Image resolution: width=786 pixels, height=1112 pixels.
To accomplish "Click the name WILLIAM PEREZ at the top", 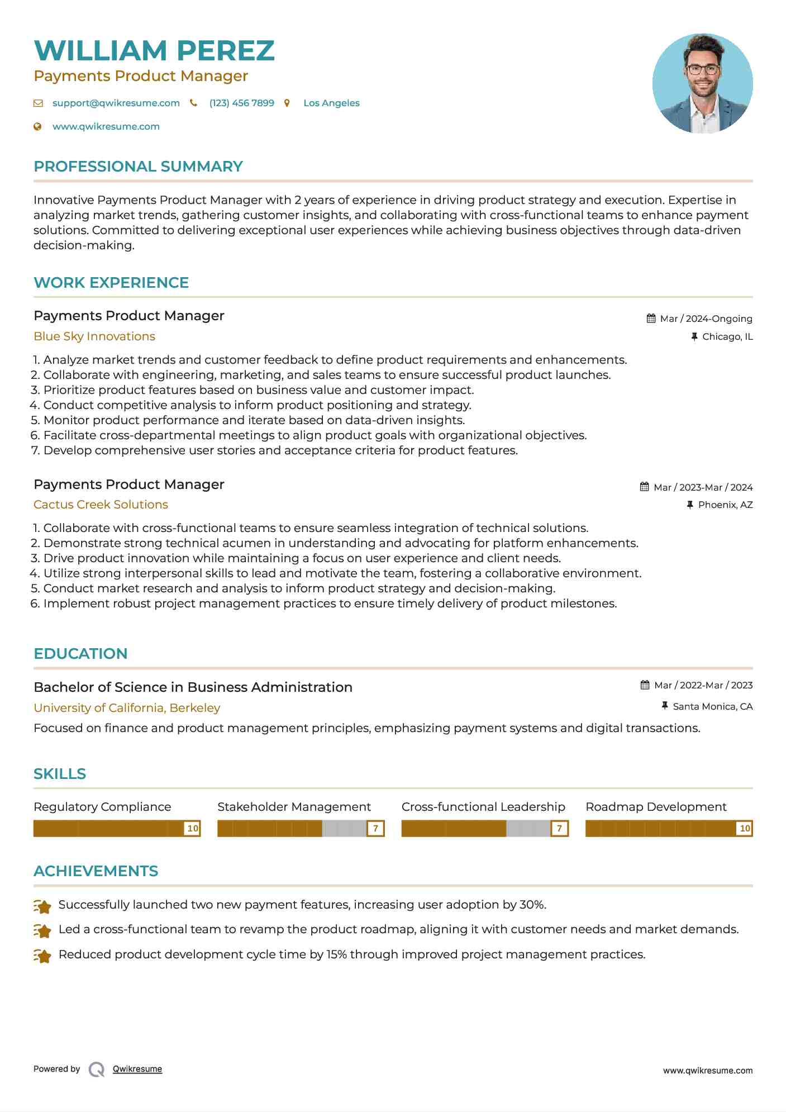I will (x=154, y=50).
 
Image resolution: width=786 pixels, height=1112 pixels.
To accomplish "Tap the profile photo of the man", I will (x=702, y=83).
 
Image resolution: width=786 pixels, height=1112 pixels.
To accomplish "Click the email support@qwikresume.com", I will (x=116, y=103).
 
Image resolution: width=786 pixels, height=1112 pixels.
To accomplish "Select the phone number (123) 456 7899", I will (x=241, y=103).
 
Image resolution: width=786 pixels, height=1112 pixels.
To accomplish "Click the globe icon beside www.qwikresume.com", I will (x=37, y=126).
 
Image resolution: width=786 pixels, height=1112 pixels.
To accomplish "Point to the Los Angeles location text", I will (x=331, y=103).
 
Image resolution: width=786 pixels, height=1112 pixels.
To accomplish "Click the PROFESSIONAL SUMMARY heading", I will (x=138, y=167).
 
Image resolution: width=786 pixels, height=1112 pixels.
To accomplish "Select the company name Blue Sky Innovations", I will (x=94, y=336).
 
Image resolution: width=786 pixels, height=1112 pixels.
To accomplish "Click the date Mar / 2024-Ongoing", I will (x=706, y=319).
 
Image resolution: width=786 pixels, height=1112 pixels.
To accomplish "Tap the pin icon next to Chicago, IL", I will (x=694, y=336).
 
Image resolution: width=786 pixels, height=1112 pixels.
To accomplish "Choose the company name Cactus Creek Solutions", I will (x=101, y=505).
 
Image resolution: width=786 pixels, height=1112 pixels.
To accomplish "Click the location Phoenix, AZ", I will (x=725, y=505).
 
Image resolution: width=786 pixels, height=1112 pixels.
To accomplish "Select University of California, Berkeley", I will (x=127, y=708).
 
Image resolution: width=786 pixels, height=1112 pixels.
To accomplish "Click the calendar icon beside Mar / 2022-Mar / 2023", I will (x=645, y=685).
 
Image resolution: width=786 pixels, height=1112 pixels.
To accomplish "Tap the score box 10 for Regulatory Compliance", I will (x=192, y=828).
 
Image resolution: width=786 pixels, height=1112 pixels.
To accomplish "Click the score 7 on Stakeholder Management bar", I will (x=375, y=828).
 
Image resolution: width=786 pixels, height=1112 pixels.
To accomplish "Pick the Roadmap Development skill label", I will (x=656, y=807).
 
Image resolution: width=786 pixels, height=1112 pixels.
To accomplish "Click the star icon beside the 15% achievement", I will (x=42, y=956).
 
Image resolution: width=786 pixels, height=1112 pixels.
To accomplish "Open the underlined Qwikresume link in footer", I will (x=137, y=1069).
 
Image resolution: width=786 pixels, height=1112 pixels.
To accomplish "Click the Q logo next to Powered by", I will (x=97, y=1070).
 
